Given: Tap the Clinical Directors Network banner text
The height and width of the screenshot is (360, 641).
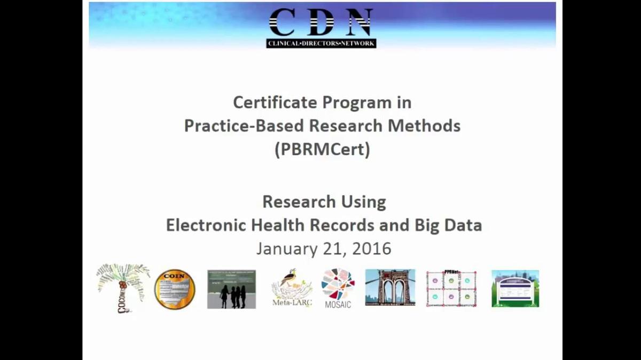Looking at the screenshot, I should [x=321, y=43].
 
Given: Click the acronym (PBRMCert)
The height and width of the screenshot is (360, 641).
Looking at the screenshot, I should [x=322, y=150].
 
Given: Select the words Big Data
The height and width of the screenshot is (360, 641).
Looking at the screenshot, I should [x=448, y=225].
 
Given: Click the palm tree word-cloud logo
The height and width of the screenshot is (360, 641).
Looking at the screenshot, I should [x=123, y=287].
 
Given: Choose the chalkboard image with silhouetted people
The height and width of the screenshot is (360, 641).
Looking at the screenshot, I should [x=231, y=289].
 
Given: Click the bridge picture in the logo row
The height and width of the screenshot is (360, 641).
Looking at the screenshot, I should [x=390, y=287].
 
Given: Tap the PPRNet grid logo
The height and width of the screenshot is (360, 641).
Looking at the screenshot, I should [x=451, y=289].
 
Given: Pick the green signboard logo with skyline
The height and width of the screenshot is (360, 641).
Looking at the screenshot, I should [x=515, y=289].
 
